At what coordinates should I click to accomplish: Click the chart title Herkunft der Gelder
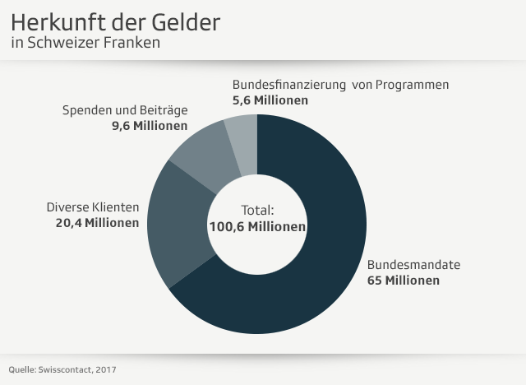pyautogui.click(x=116, y=22)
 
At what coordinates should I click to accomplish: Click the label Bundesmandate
pyautogui.click(x=413, y=265)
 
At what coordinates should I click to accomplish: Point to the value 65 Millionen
pyautogui.click(x=403, y=281)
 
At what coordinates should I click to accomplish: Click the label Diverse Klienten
pyautogui.click(x=93, y=207)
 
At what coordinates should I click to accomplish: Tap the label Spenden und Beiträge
pyautogui.click(x=125, y=110)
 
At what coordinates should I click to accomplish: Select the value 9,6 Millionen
pyautogui.click(x=149, y=126)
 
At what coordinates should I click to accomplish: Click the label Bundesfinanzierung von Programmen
pyautogui.click(x=341, y=84)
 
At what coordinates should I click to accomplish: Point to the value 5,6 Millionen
pyautogui.click(x=270, y=100)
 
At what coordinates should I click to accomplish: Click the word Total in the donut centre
pyautogui.click(x=257, y=210)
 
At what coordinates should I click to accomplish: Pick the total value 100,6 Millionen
pyautogui.click(x=257, y=226)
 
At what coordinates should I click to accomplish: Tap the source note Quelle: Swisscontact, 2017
pyautogui.click(x=62, y=369)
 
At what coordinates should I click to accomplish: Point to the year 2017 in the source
pyautogui.click(x=104, y=369)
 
